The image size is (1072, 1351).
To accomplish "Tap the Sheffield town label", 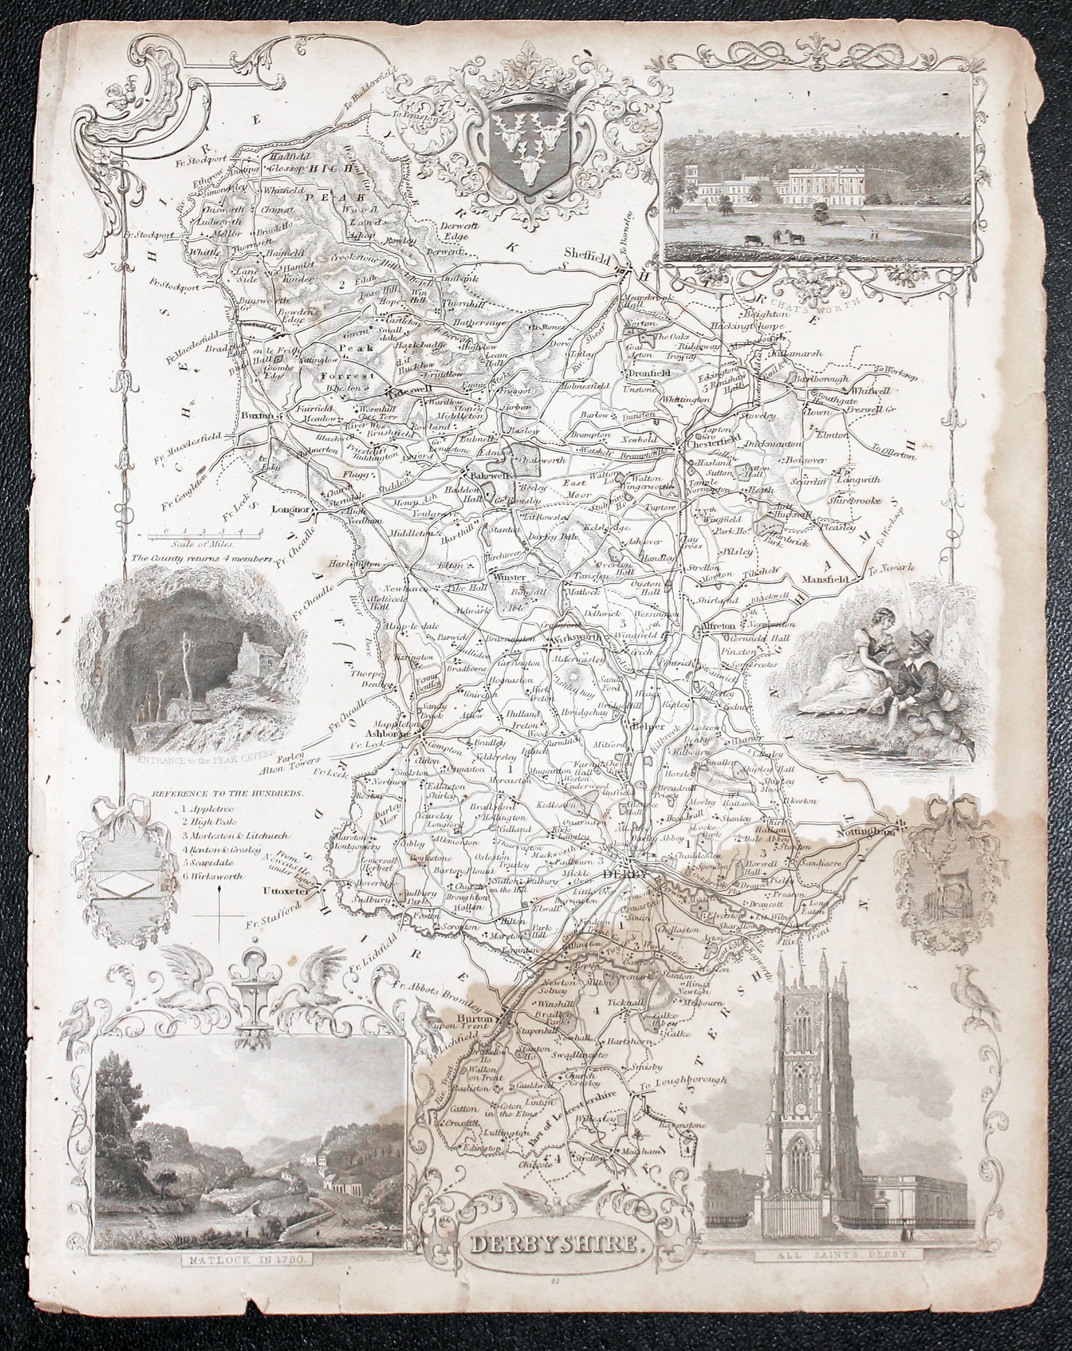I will tap(588, 254).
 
